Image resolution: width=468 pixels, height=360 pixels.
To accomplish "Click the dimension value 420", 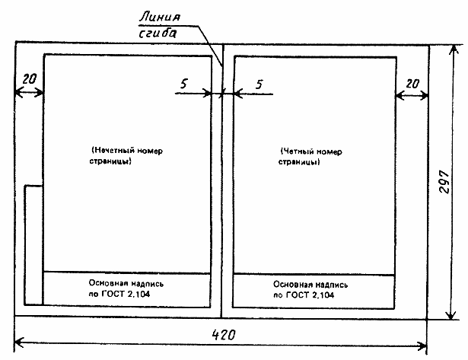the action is [x=223, y=334].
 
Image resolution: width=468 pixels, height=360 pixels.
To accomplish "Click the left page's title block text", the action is [x=126, y=288].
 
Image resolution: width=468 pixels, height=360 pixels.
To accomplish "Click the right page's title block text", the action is [x=313, y=288].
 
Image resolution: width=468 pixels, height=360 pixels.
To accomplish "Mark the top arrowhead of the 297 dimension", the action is [x=455, y=49].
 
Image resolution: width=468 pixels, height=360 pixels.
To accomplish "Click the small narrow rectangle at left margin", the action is [x=33, y=244].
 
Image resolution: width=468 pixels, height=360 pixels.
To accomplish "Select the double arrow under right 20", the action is [x=411, y=95].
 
